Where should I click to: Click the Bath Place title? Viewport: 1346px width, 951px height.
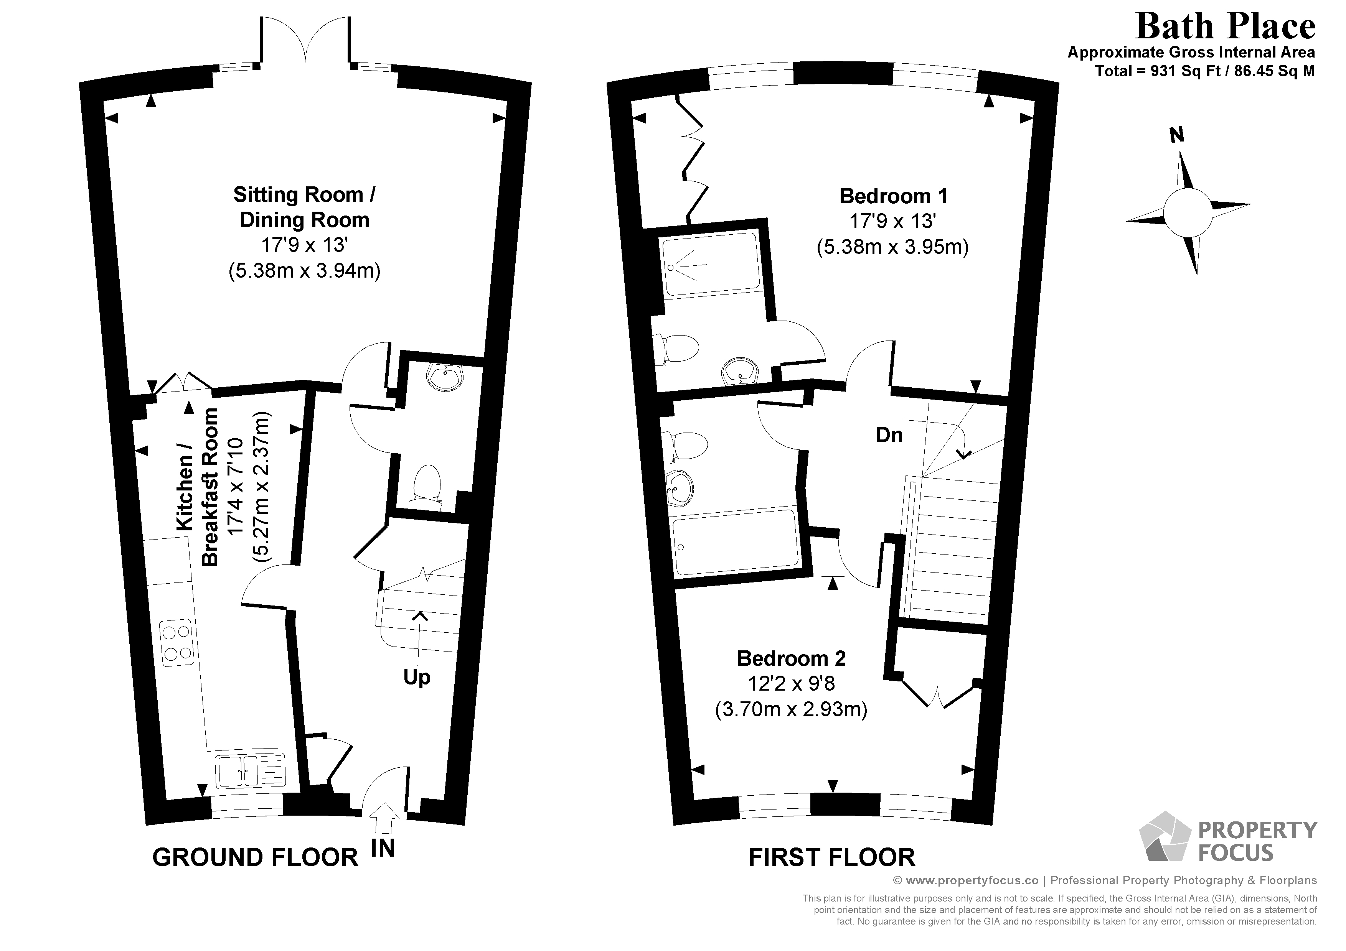click(1225, 27)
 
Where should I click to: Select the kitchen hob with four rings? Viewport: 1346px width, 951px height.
click(177, 642)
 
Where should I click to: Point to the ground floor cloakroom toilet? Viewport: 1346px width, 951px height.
click(426, 484)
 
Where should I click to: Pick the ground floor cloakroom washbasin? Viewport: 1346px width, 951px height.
click(446, 377)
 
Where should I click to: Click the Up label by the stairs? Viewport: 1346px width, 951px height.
click(417, 677)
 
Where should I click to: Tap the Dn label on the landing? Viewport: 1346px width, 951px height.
click(889, 435)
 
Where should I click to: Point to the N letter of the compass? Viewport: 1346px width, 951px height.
click(1176, 135)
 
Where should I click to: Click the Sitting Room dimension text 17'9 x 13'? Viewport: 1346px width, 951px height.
click(304, 245)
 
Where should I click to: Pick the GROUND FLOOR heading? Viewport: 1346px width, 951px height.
click(255, 857)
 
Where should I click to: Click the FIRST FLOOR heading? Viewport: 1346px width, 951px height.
click(831, 857)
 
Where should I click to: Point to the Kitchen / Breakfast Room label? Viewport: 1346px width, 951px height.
click(198, 486)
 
